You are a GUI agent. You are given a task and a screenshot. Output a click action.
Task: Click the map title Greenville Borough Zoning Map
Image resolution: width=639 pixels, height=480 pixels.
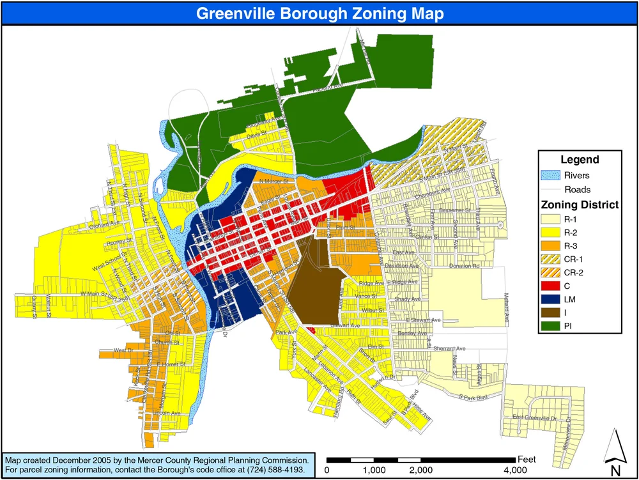point(319,13)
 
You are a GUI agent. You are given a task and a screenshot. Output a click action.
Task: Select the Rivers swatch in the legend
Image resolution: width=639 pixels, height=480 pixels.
point(551,175)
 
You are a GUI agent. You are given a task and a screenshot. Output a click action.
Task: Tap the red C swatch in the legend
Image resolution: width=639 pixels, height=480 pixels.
point(551,286)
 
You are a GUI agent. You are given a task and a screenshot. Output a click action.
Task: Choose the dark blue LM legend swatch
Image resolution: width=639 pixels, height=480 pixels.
point(551,300)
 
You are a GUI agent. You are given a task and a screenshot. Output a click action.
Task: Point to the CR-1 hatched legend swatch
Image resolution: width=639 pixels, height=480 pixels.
point(551,259)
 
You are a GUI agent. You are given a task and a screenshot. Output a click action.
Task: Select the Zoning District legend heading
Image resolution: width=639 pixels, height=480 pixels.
point(580,205)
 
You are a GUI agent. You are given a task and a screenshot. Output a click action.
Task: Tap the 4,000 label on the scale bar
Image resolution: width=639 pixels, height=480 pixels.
point(515,471)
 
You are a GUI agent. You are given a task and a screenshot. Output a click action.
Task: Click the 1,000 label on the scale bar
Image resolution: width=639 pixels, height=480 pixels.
point(374,471)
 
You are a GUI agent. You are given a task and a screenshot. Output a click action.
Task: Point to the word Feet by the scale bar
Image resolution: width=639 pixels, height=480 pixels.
point(528,460)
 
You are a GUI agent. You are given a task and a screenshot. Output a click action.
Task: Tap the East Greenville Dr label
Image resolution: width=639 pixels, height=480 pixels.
point(535,418)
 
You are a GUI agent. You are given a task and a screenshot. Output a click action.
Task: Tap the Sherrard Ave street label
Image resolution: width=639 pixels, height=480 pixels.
point(451,349)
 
